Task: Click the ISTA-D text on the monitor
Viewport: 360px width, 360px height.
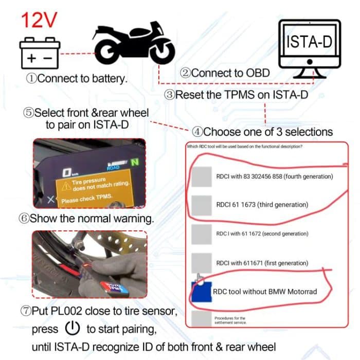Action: [309, 41]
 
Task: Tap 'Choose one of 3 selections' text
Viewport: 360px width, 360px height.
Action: [262, 132]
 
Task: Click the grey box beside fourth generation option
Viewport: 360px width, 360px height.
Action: [200, 177]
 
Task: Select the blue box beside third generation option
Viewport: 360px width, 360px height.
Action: [200, 205]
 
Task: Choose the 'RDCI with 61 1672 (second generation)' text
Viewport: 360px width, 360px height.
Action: [262, 234]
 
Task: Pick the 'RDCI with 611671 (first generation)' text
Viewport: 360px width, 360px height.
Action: [262, 263]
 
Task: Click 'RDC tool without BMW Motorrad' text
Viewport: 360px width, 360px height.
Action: [265, 292]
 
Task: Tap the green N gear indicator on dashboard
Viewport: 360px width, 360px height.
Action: [135, 162]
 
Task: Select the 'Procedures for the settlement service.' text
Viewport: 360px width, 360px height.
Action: [230, 320]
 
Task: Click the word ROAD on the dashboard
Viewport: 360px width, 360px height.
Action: [113, 168]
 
